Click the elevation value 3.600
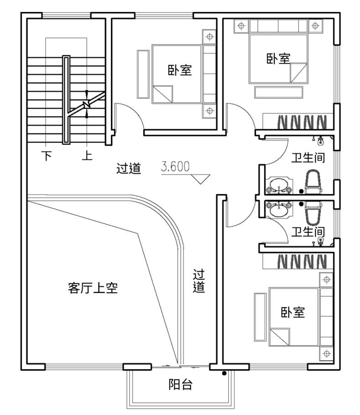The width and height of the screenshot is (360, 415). pyautogui.click(x=175, y=167)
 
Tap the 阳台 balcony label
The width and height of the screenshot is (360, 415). pyautogui.click(x=180, y=385)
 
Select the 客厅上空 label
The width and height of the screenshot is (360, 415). pyautogui.click(x=93, y=288)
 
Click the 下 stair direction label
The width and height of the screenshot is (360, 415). pyautogui.click(x=47, y=156)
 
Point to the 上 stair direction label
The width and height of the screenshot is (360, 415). pyautogui.click(x=87, y=156)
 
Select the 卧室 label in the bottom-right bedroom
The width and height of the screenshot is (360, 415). pyautogui.click(x=292, y=313)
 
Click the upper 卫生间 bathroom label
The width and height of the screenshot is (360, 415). pyautogui.click(x=308, y=158)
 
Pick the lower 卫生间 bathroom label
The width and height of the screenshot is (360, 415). pyautogui.click(x=308, y=231)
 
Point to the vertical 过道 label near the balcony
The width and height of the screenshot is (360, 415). pyautogui.click(x=198, y=281)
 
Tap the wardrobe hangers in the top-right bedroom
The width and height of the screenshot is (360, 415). pyautogui.click(x=302, y=122)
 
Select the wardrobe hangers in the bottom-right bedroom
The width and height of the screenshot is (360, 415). pyautogui.click(x=302, y=261)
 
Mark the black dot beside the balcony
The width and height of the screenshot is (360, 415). pyautogui.click(x=224, y=374)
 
